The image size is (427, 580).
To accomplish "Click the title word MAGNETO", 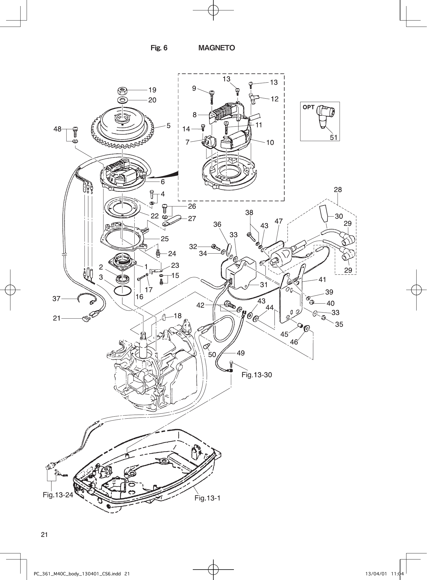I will point(217,48).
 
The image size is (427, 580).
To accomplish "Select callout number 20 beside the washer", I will point(152,100).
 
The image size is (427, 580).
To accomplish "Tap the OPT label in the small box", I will point(309,107).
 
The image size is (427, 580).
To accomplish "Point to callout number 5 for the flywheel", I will point(168,125).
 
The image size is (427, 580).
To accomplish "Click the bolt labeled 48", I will point(75,132).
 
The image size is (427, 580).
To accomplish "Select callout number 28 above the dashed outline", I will point(338,190).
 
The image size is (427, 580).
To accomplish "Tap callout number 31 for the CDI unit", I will point(264,285).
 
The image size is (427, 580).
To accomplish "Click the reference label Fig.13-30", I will point(257,375).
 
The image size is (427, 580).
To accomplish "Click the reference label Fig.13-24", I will point(58,495).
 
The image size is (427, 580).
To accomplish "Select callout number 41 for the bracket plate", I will point(322,280).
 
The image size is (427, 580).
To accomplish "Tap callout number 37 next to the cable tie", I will point(56,298).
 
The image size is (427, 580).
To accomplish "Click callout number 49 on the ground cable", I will point(241,353).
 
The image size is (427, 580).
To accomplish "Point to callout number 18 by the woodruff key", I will point(178,316).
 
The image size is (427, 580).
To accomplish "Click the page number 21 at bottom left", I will point(44,535).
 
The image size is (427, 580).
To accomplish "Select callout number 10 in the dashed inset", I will point(270,142).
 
